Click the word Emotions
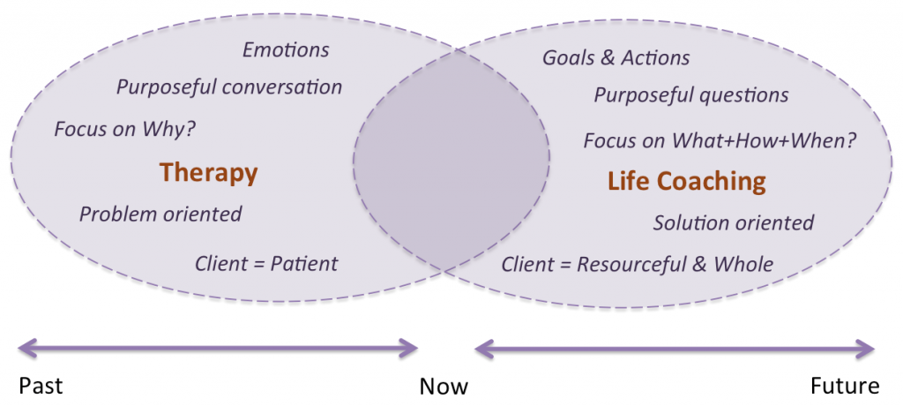[x=286, y=49]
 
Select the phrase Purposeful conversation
[x=228, y=87]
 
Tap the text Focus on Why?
[x=124, y=129]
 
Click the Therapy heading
[x=208, y=173]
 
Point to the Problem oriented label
[x=160, y=214]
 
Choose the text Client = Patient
[x=265, y=263]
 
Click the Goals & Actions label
[x=616, y=58]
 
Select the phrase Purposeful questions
[x=690, y=94]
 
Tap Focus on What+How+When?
[x=720, y=140]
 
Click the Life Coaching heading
[x=686, y=182]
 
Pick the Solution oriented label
[x=733, y=222]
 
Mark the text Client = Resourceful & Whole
[x=637, y=264]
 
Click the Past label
[x=41, y=386]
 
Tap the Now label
[x=444, y=386]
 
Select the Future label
[x=845, y=386]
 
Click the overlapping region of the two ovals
[x=451, y=159]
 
